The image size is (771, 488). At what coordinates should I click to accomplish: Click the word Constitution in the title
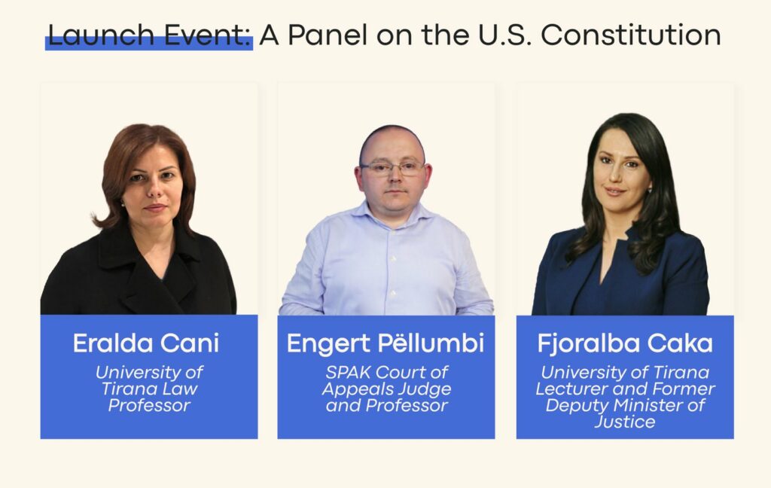(x=631, y=35)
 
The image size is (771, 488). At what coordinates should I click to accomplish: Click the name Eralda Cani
(x=146, y=343)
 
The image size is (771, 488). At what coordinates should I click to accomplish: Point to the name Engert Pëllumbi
(x=385, y=343)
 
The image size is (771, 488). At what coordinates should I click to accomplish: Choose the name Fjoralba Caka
(x=625, y=343)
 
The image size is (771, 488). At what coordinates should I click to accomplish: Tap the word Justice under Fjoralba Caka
(x=625, y=422)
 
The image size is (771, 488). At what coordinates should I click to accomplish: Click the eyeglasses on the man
(x=392, y=168)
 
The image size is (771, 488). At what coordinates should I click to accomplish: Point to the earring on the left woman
(x=122, y=202)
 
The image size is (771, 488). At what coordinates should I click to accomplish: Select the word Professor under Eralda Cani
(x=149, y=405)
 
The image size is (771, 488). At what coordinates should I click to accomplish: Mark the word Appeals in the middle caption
(x=358, y=389)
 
